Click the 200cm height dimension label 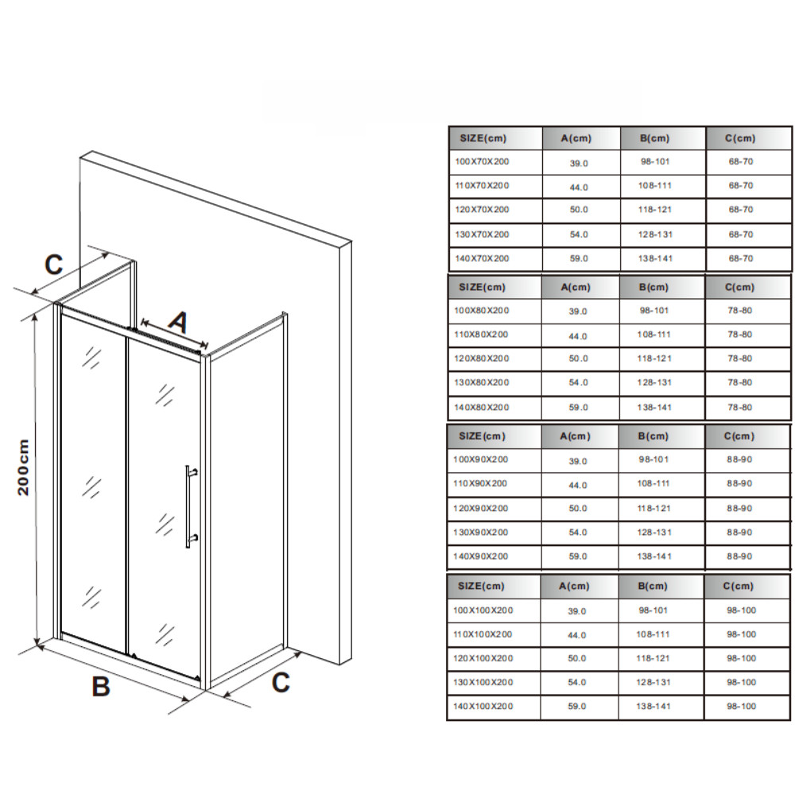(23, 467)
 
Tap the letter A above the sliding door (178, 323)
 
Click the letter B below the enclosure (101, 686)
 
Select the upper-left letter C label (54, 264)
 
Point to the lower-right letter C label (281, 682)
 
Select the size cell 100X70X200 (483, 161)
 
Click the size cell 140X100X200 (483, 706)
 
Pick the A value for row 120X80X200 (579, 359)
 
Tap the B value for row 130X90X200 (654, 533)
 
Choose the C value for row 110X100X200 (741, 634)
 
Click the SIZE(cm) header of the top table (483, 138)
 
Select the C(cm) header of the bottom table (739, 586)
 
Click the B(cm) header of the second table (653, 288)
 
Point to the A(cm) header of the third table (575, 436)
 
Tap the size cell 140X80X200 (482, 407)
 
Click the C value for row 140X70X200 (741, 258)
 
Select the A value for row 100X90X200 (578, 461)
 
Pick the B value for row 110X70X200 (654, 185)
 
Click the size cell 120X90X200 (481, 509)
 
